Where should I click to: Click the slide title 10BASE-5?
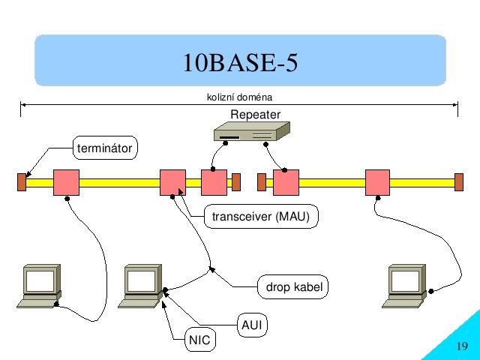pyautogui.click(x=240, y=62)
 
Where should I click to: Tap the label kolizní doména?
pyautogui.click(x=239, y=97)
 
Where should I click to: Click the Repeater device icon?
pyautogui.click(x=252, y=131)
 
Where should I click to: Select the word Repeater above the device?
pyautogui.click(x=255, y=115)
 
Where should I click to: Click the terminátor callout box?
pyautogui.click(x=105, y=148)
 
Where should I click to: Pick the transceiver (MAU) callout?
pyautogui.click(x=261, y=217)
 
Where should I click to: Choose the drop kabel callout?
pyautogui.click(x=293, y=286)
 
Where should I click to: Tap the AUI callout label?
pyautogui.click(x=252, y=325)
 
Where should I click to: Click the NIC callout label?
pyautogui.click(x=200, y=340)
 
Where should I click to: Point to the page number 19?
pyautogui.click(x=462, y=346)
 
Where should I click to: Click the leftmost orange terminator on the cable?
pyautogui.click(x=22, y=182)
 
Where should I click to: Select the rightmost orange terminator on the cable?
pyautogui.click(x=459, y=182)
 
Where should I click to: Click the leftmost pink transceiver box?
pyautogui.click(x=67, y=182)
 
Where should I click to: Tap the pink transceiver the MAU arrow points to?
pyautogui.click(x=173, y=182)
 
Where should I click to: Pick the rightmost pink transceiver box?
pyautogui.click(x=378, y=182)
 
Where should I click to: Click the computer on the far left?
pyautogui.click(x=39, y=286)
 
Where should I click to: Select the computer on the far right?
pyautogui.click(x=404, y=286)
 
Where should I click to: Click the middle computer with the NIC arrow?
pyautogui.click(x=140, y=286)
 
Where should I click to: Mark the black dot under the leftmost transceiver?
pyautogui.click(x=67, y=199)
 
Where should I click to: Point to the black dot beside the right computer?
pyautogui.click(x=431, y=291)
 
